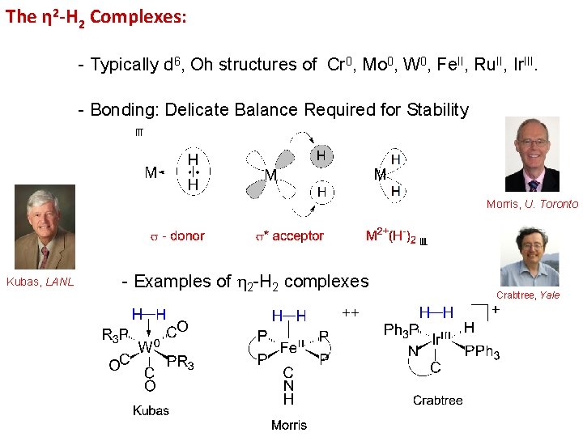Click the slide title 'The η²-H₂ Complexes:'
pyautogui.click(x=96, y=17)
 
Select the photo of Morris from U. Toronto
pyautogui.click(x=532, y=154)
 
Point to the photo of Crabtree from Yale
pyautogui.click(x=529, y=256)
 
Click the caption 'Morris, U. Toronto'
pyautogui.click(x=532, y=204)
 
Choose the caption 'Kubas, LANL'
pyautogui.click(x=40, y=282)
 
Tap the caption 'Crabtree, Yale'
pyautogui.click(x=528, y=295)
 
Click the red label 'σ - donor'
pyautogui.click(x=177, y=236)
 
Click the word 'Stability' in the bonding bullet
pyautogui.click(x=438, y=109)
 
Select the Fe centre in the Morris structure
pyautogui.click(x=289, y=347)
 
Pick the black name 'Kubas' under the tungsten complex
pyautogui.click(x=151, y=410)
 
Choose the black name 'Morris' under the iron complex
pyautogui.click(x=288, y=425)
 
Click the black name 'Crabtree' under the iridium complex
pyautogui.click(x=437, y=400)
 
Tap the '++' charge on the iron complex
pyautogui.click(x=351, y=312)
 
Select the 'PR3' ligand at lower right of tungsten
pyautogui.click(x=180, y=363)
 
